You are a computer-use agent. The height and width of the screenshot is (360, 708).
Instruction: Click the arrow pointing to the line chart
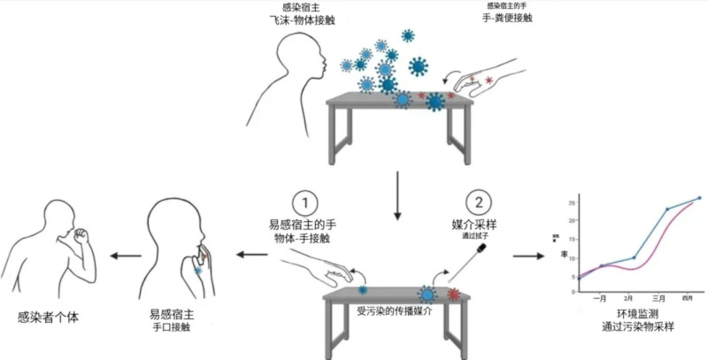click(x=528, y=256)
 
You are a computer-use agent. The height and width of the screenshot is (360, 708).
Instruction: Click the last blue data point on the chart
click(x=698, y=198)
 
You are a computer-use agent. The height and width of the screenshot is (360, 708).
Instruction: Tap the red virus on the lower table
click(x=453, y=293)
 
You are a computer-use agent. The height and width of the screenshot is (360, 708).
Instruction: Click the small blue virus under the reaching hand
click(x=363, y=289)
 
